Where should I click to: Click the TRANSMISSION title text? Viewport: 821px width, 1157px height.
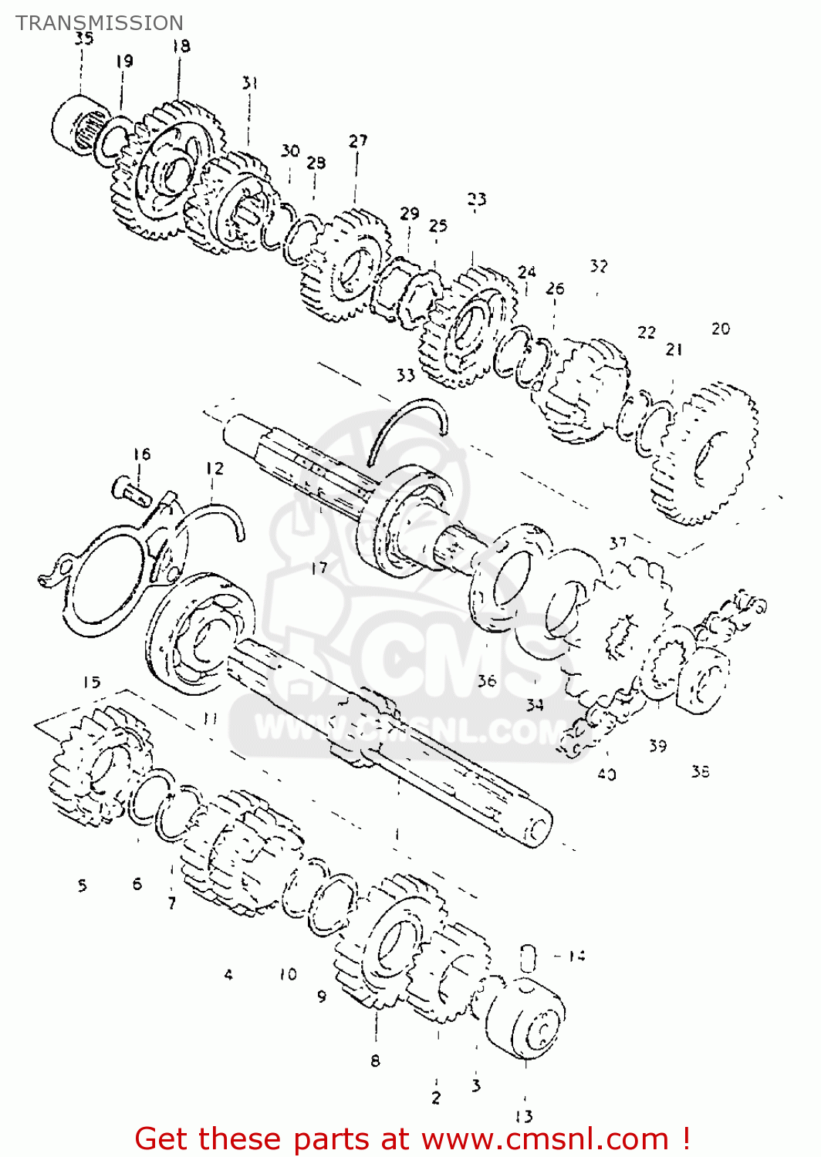(x=100, y=23)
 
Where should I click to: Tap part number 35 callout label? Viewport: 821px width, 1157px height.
(x=84, y=39)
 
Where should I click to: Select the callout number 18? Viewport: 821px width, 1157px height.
(x=181, y=46)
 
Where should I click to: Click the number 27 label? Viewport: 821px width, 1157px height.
(x=358, y=141)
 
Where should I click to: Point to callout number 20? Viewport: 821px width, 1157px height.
(x=720, y=329)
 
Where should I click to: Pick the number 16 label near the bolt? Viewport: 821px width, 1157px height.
(x=142, y=454)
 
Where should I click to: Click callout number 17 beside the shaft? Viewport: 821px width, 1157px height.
(x=319, y=568)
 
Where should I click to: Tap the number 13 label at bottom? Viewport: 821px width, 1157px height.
(x=524, y=1116)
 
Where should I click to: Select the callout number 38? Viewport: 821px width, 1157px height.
(x=700, y=771)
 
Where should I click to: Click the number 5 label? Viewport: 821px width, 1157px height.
(x=83, y=885)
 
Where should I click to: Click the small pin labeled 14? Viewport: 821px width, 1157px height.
(x=527, y=957)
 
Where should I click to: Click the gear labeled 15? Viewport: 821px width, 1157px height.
(x=100, y=764)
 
